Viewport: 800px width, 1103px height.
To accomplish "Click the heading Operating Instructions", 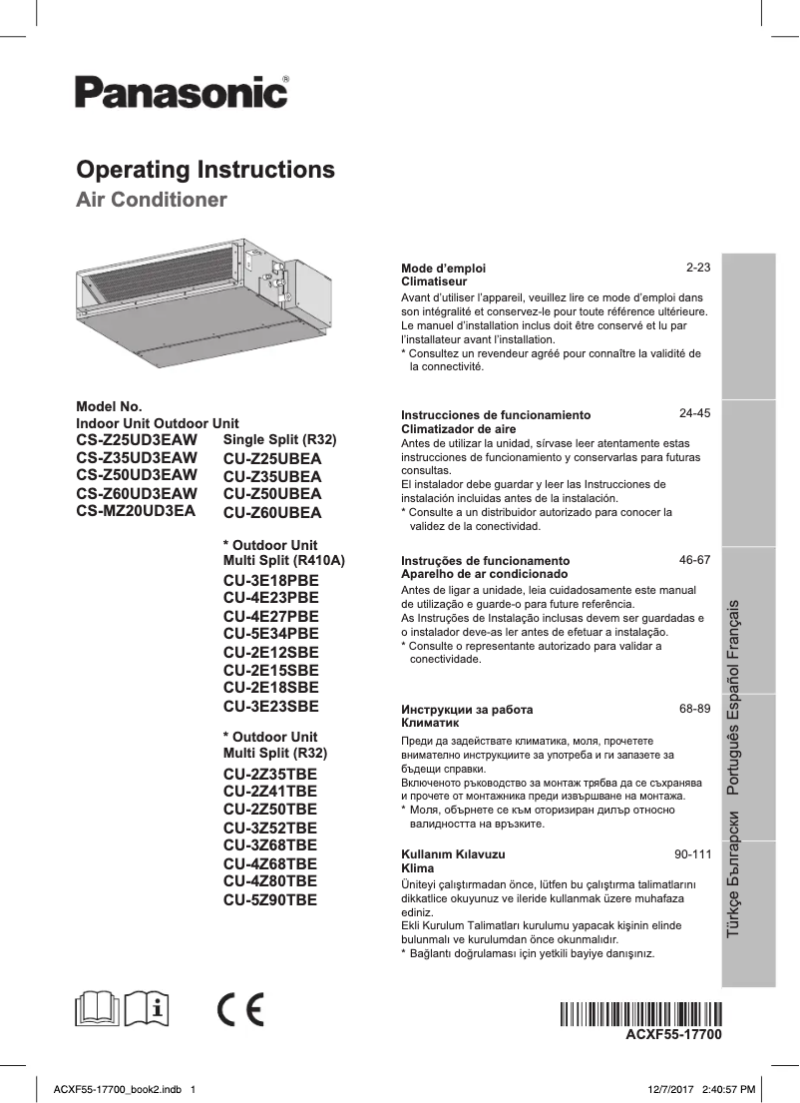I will click(x=205, y=169).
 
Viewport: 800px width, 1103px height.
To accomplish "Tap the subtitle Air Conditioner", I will click(x=152, y=200).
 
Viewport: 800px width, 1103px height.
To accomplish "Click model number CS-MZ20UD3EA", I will click(x=136, y=510).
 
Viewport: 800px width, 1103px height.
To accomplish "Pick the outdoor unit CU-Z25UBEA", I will click(x=272, y=459).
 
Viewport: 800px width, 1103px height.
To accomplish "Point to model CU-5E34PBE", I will click(x=271, y=633).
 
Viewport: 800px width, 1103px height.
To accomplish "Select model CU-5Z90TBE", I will click(x=270, y=899).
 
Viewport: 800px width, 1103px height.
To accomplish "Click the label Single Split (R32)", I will click(x=280, y=440).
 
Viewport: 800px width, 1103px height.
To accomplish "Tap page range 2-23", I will click(x=697, y=269).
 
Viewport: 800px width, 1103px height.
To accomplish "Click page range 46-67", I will click(x=694, y=560).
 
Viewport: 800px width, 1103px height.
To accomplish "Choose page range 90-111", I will click(x=692, y=854).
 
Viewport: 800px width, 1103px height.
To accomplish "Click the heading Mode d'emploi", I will click(x=443, y=269).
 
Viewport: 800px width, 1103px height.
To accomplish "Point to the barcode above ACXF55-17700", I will click(x=639, y=1015).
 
